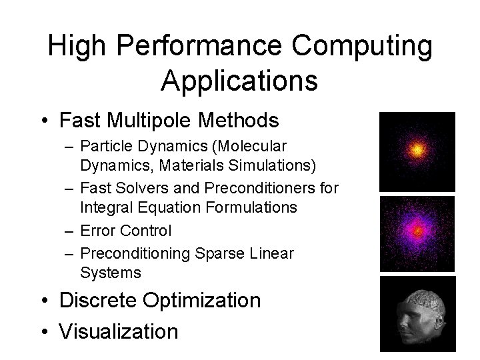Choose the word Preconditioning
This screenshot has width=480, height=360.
[x=133, y=255]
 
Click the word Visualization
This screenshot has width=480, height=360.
[x=119, y=331]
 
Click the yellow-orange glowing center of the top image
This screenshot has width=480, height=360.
[x=417, y=151]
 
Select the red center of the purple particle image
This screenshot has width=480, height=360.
[x=417, y=232]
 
